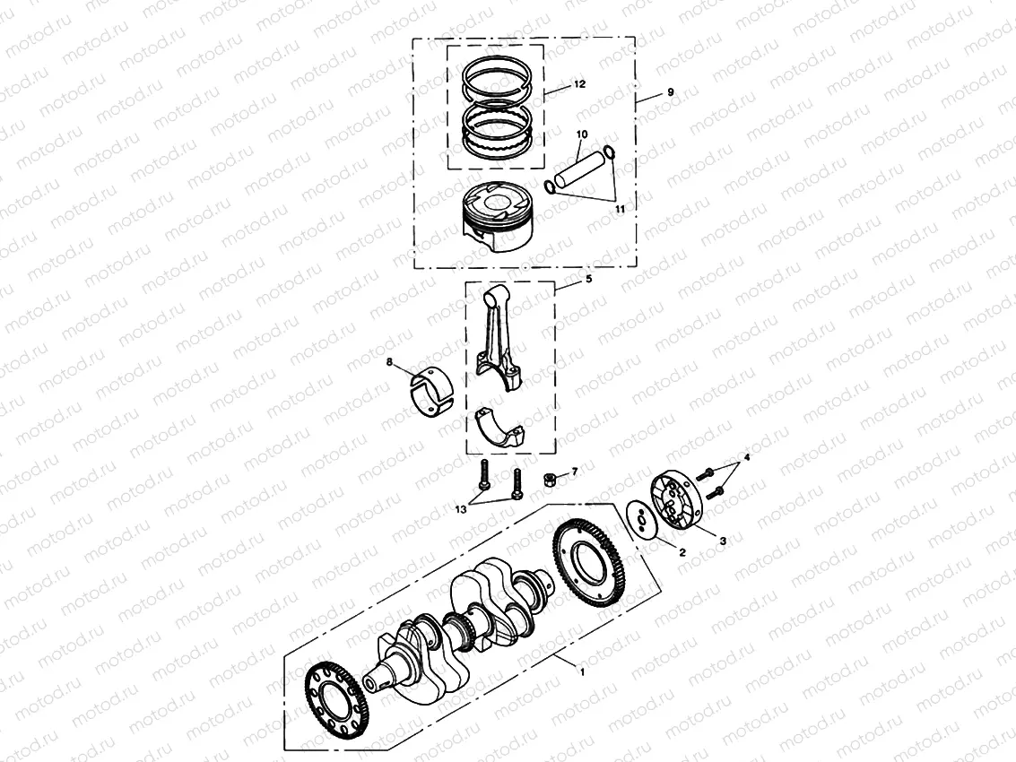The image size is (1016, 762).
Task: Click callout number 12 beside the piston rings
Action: point(579,83)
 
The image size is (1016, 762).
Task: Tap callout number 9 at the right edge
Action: point(669,93)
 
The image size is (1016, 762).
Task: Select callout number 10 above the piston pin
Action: point(581,134)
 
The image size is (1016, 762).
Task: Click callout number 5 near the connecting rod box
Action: point(588,280)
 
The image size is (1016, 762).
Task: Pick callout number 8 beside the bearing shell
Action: point(389,363)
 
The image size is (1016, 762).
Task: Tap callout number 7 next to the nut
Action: point(575,471)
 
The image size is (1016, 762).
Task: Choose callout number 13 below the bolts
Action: point(460,508)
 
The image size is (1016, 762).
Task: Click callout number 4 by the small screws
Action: point(746,458)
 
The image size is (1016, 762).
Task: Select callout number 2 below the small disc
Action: point(682,553)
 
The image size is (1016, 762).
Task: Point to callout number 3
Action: point(724,541)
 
